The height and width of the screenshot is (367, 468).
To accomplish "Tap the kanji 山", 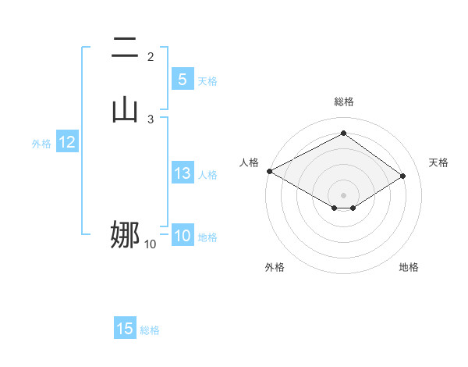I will pos(125,109).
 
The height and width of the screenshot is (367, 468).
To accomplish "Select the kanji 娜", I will pos(125,234).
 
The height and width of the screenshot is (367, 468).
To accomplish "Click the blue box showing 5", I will pos(182,80).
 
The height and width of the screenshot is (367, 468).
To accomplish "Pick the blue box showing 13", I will pos(182,174).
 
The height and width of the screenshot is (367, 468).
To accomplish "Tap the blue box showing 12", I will pos(67,143).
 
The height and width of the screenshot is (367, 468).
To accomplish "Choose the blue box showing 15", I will pos(125,330).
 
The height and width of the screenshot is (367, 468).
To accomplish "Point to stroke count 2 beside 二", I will pos(151,56).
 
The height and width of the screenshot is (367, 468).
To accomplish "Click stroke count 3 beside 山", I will pos(151,119).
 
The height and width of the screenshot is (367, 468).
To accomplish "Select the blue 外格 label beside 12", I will pos(41,144).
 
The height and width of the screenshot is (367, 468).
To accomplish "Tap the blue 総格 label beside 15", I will pos(150,330).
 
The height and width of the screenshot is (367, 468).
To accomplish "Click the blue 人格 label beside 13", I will pos(208,175).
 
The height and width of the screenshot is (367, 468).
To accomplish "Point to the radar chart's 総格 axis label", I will pos(343,102).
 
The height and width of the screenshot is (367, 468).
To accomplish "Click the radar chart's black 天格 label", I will pos(439,162).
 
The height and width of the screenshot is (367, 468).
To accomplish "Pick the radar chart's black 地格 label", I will pos(409,267).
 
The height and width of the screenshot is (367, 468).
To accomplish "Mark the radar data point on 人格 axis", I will pos(269,171).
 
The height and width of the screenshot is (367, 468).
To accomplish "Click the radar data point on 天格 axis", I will pos(403,176).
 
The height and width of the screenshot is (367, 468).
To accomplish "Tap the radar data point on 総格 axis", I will pos(343,134).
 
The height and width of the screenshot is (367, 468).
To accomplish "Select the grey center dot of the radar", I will pos(343,194).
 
